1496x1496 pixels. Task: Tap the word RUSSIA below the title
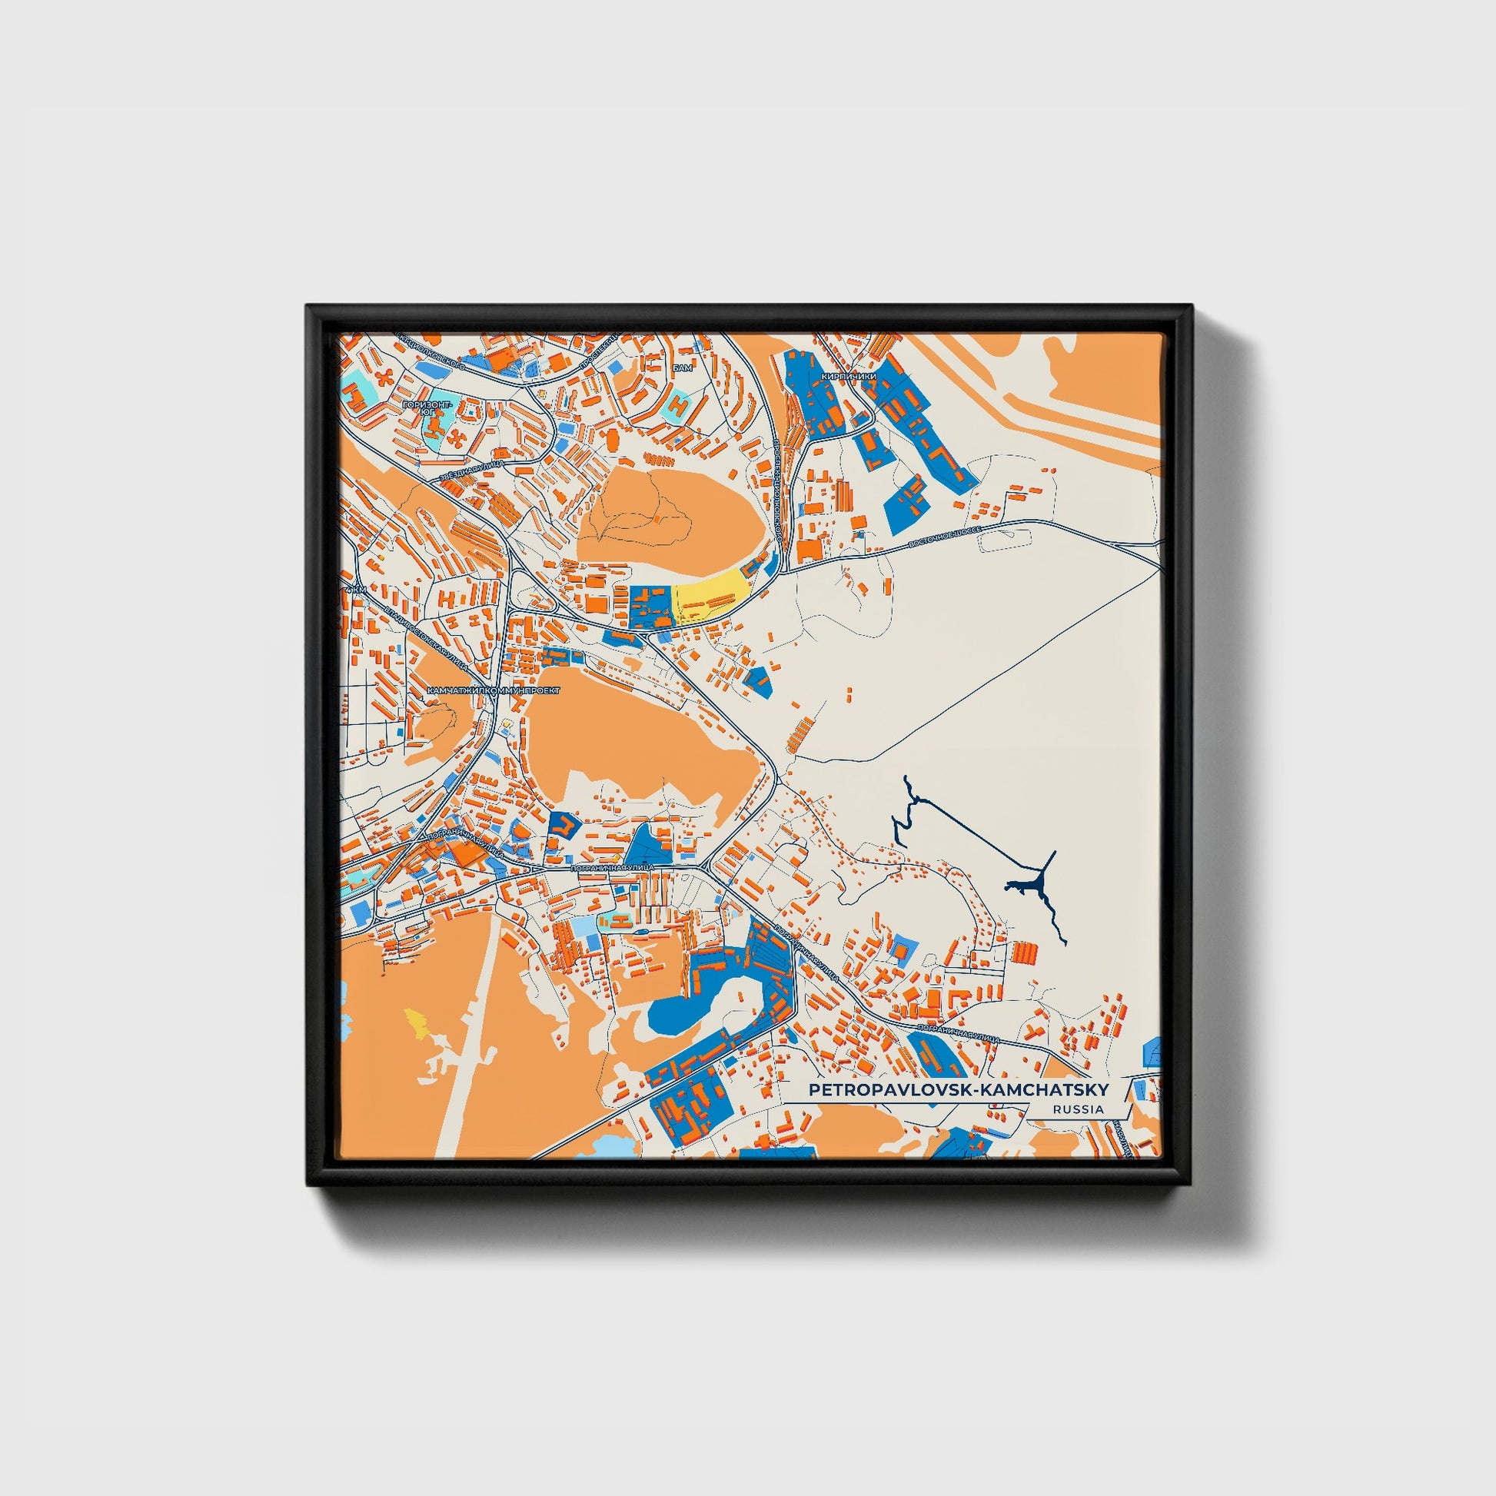click(1078, 1109)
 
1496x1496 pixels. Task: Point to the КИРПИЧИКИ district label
click(849, 377)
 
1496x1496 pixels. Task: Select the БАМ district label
click(682, 367)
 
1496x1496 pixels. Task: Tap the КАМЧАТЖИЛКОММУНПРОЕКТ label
click(493, 687)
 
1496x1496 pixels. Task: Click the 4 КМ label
click(356, 590)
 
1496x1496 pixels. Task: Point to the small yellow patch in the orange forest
click(416, 1022)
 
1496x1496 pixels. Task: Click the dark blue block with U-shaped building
click(564, 826)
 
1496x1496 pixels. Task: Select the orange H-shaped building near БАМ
click(679, 403)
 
